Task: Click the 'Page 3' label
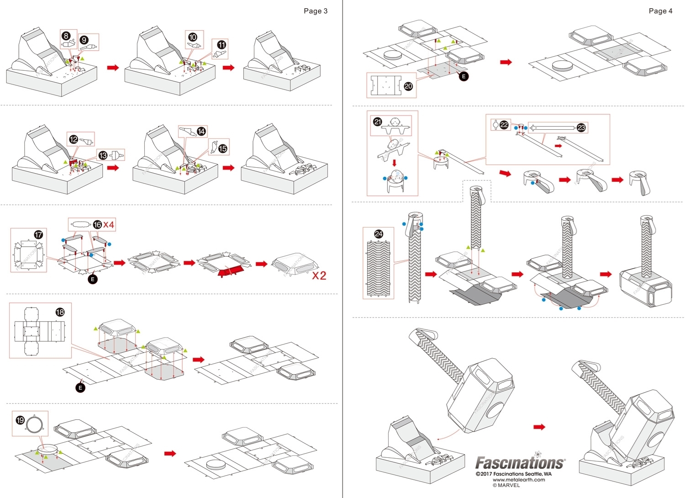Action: tap(315, 11)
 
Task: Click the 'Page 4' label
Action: tap(660, 11)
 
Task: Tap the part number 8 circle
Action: tap(67, 36)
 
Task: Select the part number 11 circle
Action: tap(221, 45)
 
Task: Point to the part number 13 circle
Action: tap(103, 155)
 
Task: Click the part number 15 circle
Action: tap(222, 148)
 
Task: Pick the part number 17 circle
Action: tap(38, 234)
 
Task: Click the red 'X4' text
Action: tap(109, 224)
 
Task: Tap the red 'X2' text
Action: tap(319, 275)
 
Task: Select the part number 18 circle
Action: tap(60, 312)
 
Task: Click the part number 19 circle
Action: tap(20, 420)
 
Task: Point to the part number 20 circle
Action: tap(408, 86)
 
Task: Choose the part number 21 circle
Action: tap(378, 122)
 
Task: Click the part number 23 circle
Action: tap(581, 127)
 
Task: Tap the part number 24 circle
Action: tap(379, 234)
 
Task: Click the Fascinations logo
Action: tap(520, 463)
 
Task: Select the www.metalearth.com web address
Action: tap(518, 480)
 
